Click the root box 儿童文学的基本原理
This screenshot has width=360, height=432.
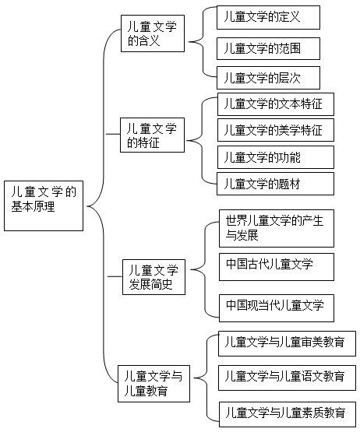point(44,205)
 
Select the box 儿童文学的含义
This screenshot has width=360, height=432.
point(153,33)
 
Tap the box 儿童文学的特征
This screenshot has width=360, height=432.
point(152,135)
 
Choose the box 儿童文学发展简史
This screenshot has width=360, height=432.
point(154,277)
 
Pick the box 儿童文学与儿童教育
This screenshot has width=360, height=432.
point(154,384)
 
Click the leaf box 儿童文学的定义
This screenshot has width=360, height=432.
point(268,17)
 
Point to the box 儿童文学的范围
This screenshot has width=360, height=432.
point(268,49)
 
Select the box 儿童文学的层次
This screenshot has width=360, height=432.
point(268,78)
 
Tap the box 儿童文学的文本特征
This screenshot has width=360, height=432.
point(276,104)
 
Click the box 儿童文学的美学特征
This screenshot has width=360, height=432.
point(276,130)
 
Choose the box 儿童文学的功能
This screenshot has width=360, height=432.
point(276,157)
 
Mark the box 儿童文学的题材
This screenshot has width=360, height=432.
point(275,184)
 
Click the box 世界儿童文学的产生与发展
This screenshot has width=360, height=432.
point(277,228)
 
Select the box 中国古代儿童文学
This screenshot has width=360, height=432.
point(277,267)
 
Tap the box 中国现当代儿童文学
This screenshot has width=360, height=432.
point(277,308)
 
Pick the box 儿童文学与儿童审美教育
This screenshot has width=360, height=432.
point(288,343)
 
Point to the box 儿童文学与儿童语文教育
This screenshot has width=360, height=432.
point(288,378)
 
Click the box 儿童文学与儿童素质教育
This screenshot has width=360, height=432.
point(288,414)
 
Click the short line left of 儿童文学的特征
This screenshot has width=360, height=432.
point(113,134)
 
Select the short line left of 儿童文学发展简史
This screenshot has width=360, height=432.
point(115,276)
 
